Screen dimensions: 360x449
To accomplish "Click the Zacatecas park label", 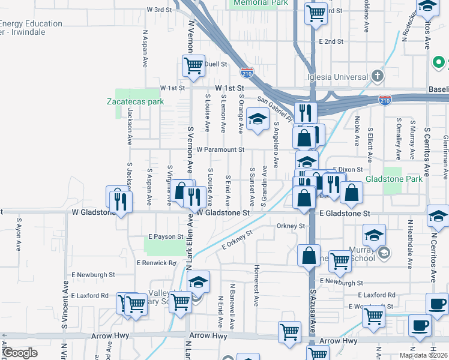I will click(x=135, y=101).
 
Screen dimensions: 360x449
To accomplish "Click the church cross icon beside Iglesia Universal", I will click(x=377, y=76).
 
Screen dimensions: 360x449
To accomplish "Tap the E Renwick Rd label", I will click(x=156, y=263).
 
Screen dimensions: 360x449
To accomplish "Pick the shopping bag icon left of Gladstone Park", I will click(x=352, y=192).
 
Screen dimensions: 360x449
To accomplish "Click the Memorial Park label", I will click(x=260, y=3).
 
